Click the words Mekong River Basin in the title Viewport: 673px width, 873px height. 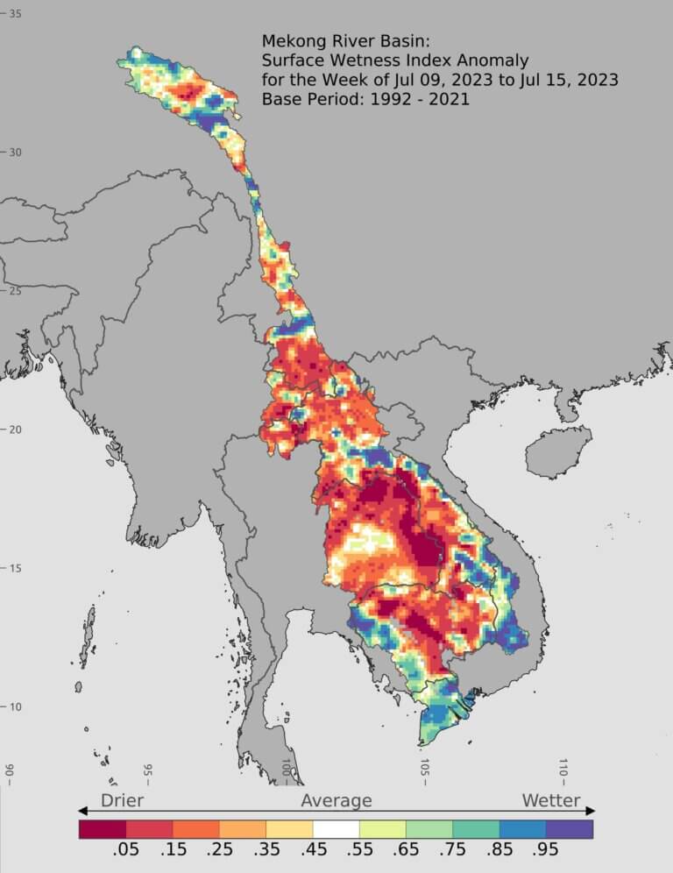[x=334, y=41]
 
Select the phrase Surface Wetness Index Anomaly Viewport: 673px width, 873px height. [x=395, y=60]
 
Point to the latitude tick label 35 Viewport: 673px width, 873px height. [x=16, y=14]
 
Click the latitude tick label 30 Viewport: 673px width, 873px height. [x=16, y=153]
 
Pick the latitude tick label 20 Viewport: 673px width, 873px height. [x=16, y=429]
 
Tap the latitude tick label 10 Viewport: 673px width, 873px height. [x=16, y=707]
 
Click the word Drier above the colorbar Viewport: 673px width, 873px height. [x=122, y=800]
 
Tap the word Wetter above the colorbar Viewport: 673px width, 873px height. [x=551, y=800]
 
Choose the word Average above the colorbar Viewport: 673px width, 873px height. [x=336, y=800]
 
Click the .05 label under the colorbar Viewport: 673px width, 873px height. [x=126, y=852]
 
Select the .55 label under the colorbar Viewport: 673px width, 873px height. [x=359, y=852]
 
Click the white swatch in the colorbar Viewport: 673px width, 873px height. [x=336, y=828]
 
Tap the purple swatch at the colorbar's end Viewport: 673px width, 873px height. [x=570, y=828]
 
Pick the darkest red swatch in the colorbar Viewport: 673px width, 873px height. [x=102, y=828]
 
